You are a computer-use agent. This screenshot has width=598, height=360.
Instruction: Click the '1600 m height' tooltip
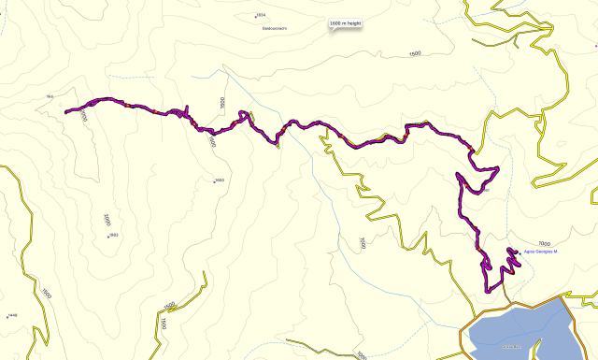tap(345, 24)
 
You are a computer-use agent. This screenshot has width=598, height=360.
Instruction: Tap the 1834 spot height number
tap(261, 16)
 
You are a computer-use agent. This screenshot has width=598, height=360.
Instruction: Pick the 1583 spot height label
tap(113, 235)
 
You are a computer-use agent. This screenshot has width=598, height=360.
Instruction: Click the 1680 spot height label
tap(220, 180)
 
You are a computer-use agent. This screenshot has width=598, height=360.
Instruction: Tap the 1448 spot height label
tap(12, 316)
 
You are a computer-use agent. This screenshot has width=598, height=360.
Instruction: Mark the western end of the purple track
tap(67, 112)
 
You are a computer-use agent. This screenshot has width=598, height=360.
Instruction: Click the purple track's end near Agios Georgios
tap(517, 250)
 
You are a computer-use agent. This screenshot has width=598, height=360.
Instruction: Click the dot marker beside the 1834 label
tap(254, 16)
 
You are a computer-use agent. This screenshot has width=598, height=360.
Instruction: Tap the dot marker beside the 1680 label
tap(214, 181)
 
